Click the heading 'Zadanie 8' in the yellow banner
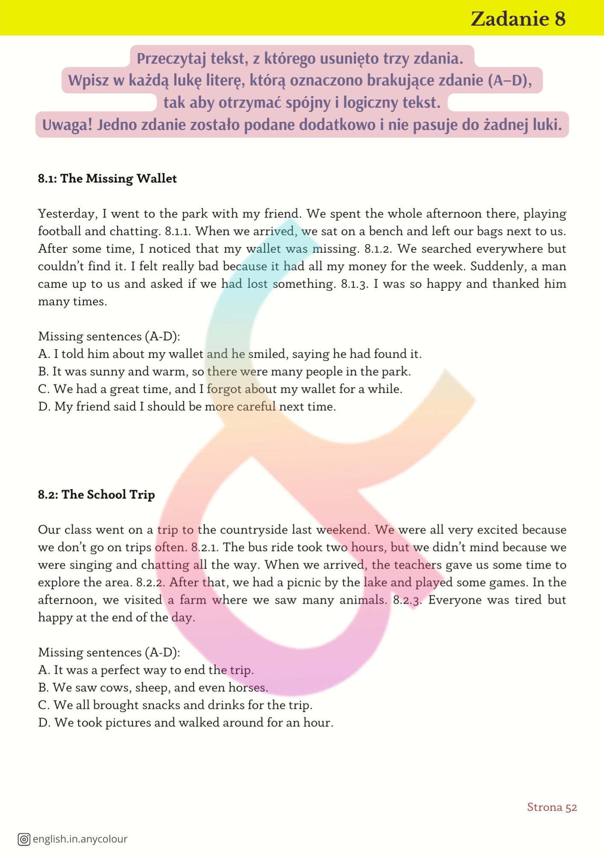click(518, 19)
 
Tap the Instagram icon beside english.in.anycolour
click(24, 839)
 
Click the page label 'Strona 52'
click(551, 807)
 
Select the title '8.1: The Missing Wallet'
click(107, 178)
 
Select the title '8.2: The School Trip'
click(96, 495)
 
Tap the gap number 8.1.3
click(355, 284)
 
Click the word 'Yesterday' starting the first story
click(67, 214)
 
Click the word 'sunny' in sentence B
click(107, 371)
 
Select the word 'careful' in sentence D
click(256, 407)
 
